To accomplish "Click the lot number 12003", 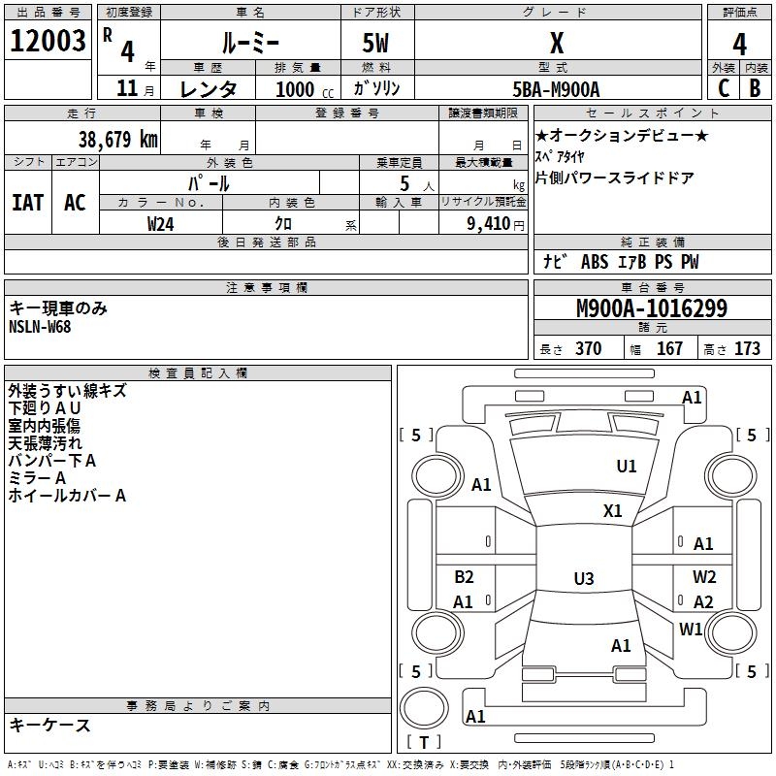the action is point(48,41).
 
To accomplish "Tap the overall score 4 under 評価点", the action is point(739,45).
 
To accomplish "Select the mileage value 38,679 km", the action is point(118,139).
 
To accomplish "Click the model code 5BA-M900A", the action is point(556,89).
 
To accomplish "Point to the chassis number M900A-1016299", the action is point(652,308).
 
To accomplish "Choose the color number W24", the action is point(160,224).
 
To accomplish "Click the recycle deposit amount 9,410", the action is point(489,224).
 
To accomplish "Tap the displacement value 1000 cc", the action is point(305,89).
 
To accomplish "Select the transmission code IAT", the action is point(28,203).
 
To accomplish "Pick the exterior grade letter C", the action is point(724,88).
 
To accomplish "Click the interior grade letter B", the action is point(755,88).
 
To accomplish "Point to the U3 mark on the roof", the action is point(584,578).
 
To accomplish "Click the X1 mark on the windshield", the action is point(613,511).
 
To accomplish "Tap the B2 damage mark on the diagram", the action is point(464,576).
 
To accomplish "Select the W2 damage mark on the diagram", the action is point(704,576).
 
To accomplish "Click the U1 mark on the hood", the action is point(627,467).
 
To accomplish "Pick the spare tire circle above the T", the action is point(424,708).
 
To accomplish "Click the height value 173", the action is point(747,348).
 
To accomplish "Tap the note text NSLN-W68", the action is point(40,327).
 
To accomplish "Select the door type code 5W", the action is point(375,43).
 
